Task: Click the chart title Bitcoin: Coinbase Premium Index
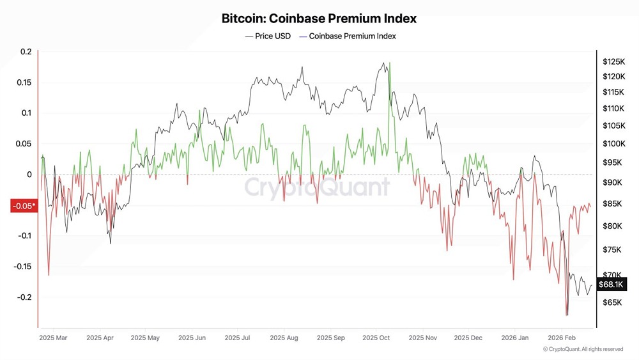coord(319,19)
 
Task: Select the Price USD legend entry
coord(268,36)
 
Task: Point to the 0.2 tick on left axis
coord(26,52)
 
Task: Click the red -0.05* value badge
coord(24,206)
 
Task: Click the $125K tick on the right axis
coord(613,62)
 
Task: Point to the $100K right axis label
coord(613,145)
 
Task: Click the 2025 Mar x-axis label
coord(54,337)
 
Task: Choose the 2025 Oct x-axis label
coord(376,337)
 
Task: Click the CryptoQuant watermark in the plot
coord(317,187)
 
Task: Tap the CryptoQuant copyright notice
coord(583,349)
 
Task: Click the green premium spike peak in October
coord(389,63)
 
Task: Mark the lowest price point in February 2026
coord(567,315)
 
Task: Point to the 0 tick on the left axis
coord(29,175)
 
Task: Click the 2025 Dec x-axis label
coord(468,337)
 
